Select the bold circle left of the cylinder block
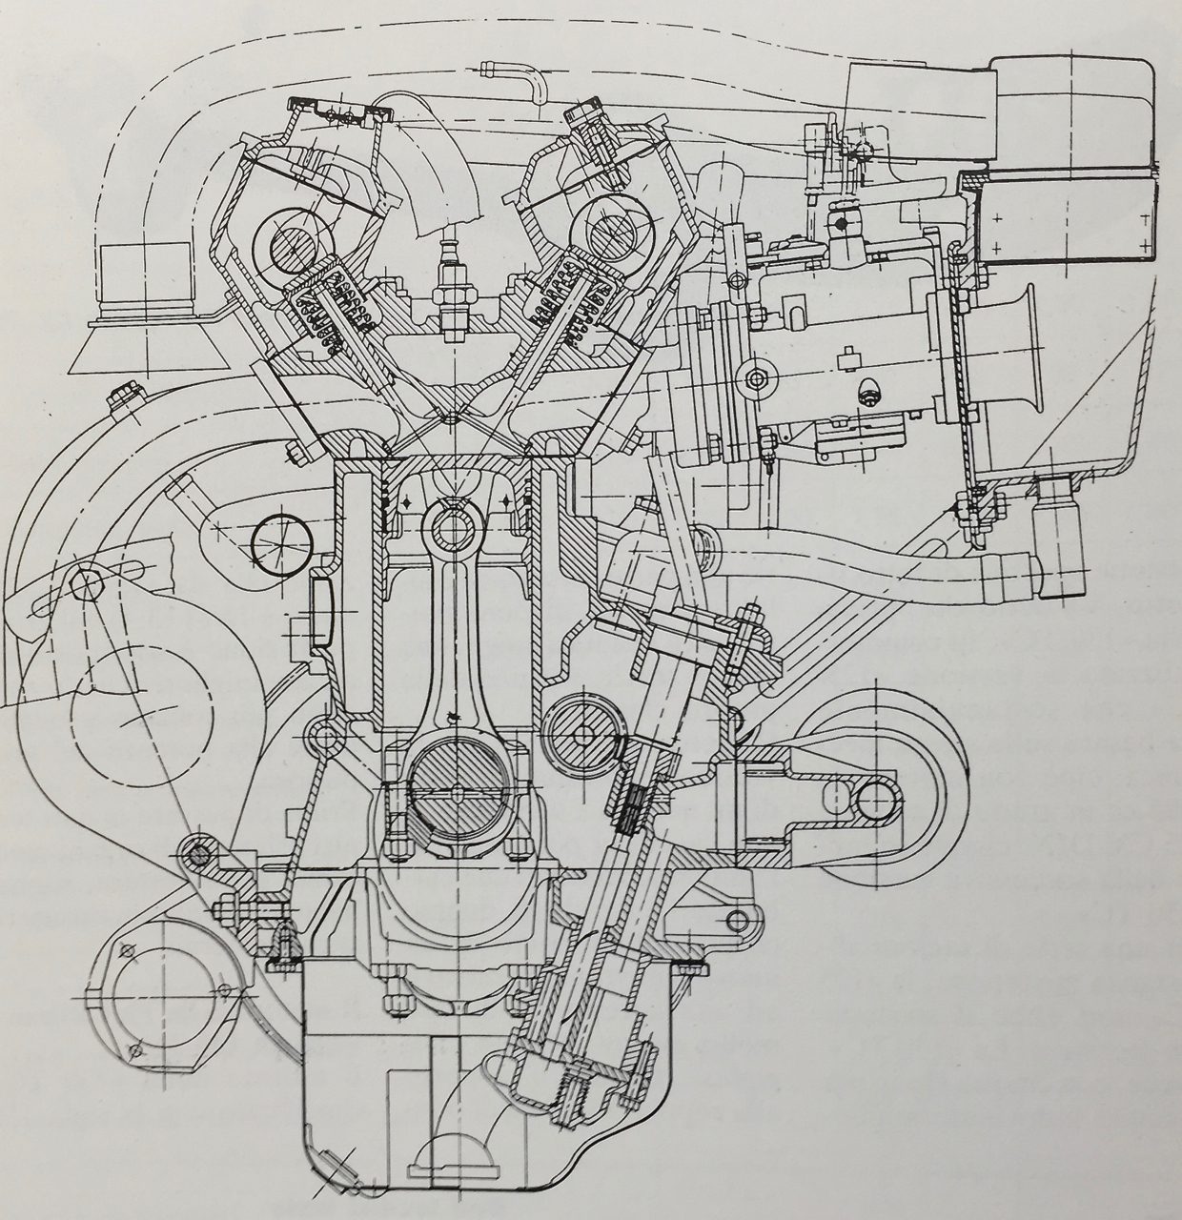pyautogui.click(x=282, y=543)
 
